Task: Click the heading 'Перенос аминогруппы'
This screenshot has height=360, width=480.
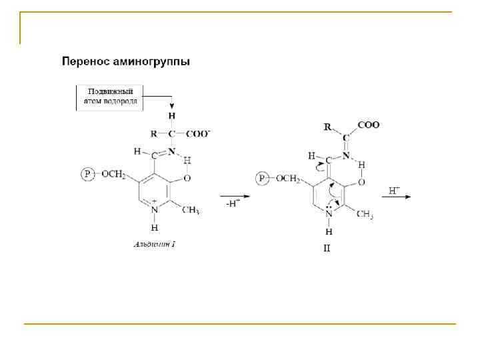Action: pos(126,62)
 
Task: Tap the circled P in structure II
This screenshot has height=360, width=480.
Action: pos(263,178)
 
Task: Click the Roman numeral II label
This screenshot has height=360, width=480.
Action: pos(327,248)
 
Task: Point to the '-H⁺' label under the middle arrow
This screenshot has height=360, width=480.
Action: pos(231,204)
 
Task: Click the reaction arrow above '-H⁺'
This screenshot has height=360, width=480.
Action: pos(235,196)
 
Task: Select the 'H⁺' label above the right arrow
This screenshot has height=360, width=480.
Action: pos(394,190)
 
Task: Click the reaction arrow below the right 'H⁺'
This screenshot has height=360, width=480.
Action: pos(397,197)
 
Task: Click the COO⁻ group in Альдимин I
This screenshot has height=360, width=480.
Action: pos(199,134)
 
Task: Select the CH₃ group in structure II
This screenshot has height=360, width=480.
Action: pos(364,214)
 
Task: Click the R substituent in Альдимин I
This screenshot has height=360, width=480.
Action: pos(155,134)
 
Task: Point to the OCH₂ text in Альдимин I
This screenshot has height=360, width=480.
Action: pos(113,175)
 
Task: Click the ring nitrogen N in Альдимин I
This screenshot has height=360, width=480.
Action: pos(155,209)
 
